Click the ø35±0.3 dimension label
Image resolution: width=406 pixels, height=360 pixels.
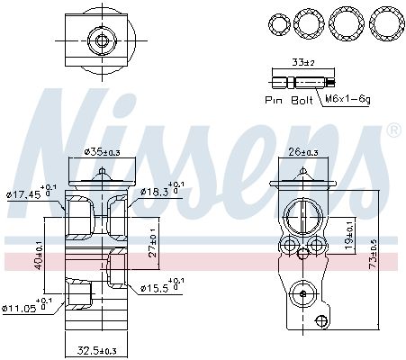click(x=102, y=152)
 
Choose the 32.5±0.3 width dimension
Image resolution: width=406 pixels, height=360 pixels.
click(x=97, y=350)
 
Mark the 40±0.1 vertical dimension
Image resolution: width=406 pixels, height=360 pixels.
click(x=40, y=255)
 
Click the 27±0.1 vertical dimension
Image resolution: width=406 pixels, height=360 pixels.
click(x=153, y=242)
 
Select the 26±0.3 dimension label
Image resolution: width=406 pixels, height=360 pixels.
click(x=303, y=152)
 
